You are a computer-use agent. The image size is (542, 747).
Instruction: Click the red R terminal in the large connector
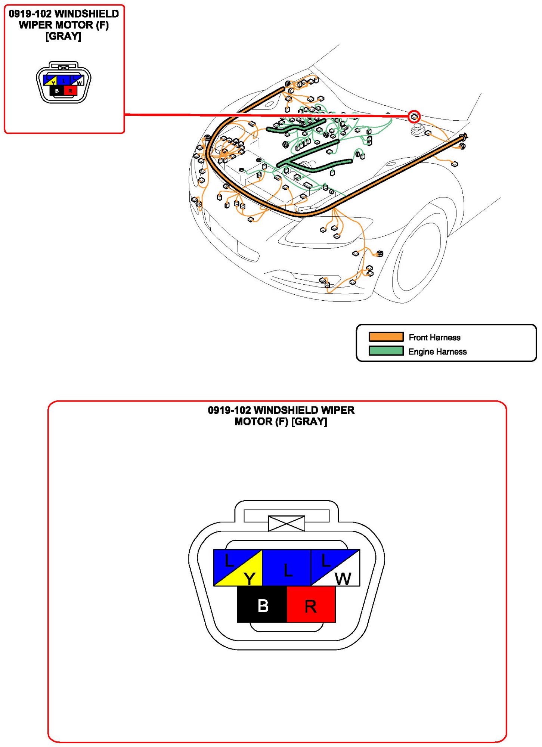[x=311, y=604]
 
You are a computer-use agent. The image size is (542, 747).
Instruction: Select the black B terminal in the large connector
[x=262, y=604]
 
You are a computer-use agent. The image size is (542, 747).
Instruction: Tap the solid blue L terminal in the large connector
[x=287, y=567]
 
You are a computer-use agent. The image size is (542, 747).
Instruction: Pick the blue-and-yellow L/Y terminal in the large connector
[x=238, y=567]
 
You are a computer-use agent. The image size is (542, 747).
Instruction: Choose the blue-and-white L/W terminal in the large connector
[x=335, y=567]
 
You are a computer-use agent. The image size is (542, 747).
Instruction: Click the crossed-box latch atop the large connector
[x=287, y=523]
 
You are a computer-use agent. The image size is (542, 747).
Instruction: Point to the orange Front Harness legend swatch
[x=386, y=337]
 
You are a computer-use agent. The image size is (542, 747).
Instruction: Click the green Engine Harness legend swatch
[x=386, y=351]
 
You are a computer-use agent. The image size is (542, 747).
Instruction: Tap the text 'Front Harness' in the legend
[x=434, y=337]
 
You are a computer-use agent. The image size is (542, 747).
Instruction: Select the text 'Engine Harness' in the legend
[x=437, y=351]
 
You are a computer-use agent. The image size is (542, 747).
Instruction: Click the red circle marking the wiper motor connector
[x=414, y=117]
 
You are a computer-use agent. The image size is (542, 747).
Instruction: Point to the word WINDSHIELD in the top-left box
[x=87, y=14]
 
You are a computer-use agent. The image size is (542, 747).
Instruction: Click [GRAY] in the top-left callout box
[x=63, y=36]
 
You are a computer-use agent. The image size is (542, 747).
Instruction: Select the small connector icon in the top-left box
[x=64, y=83]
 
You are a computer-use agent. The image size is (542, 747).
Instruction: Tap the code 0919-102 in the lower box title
[x=229, y=410]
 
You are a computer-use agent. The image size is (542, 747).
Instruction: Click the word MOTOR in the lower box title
[x=253, y=421]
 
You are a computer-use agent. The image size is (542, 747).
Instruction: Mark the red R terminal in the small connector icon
[x=70, y=90]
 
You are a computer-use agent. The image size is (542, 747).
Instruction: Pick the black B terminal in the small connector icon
[x=57, y=90]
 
